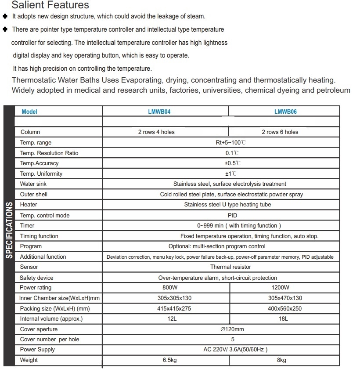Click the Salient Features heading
pos(50,5)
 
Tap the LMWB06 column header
pos(285,112)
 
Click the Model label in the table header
pos(29,112)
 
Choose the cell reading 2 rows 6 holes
pos(280,132)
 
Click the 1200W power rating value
pos(281,288)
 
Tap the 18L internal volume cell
pos(283,319)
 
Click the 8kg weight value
pos(281,360)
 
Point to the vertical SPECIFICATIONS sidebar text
pos(8,230)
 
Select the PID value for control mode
pos(232,216)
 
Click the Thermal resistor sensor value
pos(230,267)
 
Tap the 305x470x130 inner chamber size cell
pos(285,298)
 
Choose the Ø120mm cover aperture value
pos(232,329)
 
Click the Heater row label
pos(29,205)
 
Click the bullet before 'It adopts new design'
pos(5,16)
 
